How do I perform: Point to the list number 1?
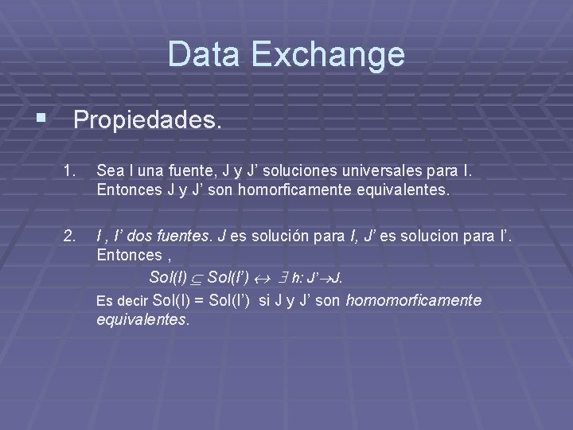pos(71,170)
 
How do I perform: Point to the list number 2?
pos(71,236)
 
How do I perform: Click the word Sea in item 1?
pos(108,170)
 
